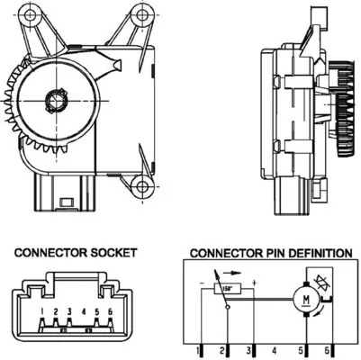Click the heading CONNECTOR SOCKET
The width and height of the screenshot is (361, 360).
point(75,253)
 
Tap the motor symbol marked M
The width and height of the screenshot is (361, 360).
point(305,300)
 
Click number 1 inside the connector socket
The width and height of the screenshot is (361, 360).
point(42,311)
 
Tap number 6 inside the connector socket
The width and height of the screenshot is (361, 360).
point(109,311)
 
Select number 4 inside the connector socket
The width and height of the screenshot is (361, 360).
point(83,311)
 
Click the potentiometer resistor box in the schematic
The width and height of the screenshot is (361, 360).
point(230,288)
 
